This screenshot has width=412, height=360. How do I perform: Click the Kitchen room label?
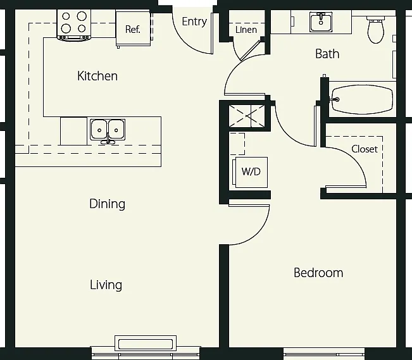pos(97,76)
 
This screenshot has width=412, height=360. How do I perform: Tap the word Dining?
pos(107,204)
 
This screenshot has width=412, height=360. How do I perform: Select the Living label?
pos(106,285)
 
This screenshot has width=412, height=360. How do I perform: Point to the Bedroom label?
pos(318,273)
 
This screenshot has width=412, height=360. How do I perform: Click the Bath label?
pos(327,54)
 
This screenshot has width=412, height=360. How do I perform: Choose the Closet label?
pos(365,149)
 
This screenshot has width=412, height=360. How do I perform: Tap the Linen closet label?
pos(246,30)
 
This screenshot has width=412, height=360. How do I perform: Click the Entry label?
pos(194,22)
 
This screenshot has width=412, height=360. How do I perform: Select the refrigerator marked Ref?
pos(133,28)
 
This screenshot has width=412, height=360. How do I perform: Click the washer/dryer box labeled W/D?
pos(251,172)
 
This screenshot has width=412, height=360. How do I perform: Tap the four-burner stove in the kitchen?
pos(74,25)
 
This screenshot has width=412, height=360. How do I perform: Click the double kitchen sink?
pos(108,130)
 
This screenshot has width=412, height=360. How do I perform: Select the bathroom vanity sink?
pos(321,22)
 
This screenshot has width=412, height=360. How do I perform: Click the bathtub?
pos(362,99)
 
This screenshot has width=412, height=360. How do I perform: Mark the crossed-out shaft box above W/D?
pos(247,116)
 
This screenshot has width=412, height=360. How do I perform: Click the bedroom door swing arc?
pos(259,232)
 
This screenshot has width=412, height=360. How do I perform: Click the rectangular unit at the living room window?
pos(146,344)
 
